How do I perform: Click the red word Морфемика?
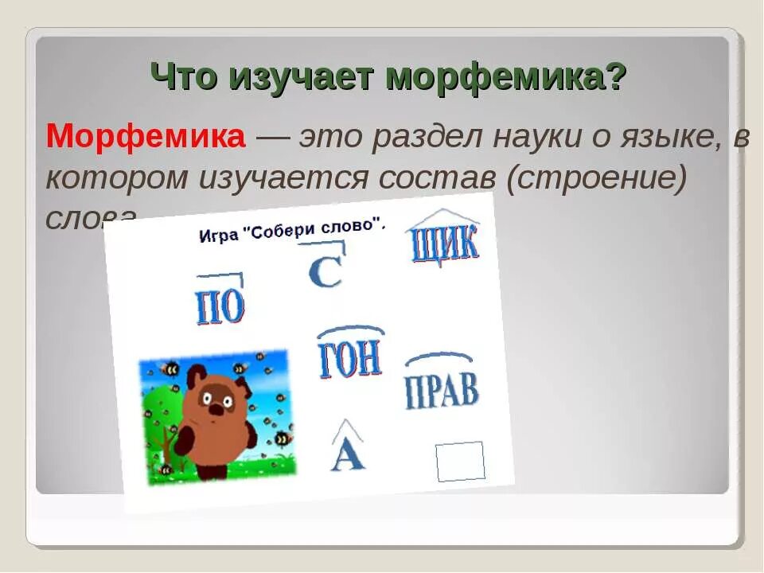pos(146,137)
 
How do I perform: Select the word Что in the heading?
pos(185,77)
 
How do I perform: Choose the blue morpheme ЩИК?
pos(443,243)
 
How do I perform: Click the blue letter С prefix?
pos(325,271)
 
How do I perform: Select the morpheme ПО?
pos(220,307)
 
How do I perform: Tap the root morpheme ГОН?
pos(350,360)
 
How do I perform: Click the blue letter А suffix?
pos(347,454)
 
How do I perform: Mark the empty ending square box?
pos(460,462)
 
